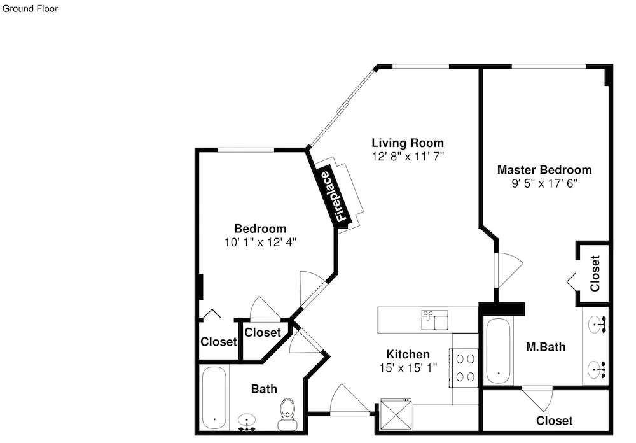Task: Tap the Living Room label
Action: tap(408, 143)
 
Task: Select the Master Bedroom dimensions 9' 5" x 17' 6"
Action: tap(544, 183)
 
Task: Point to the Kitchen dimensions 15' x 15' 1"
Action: tap(408, 368)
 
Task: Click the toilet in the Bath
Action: tap(287, 414)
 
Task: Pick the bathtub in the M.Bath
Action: tap(498, 351)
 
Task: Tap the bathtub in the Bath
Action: tap(214, 398)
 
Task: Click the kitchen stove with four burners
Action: tap(465, 368)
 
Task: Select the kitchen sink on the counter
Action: tap(435, 320)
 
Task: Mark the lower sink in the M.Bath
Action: tap(597, 370)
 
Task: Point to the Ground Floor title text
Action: tap(30, 8)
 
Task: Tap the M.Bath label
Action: tap(546, 347)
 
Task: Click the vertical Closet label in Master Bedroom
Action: tap(595, 273)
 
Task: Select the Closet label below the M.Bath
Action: tap(554, 421)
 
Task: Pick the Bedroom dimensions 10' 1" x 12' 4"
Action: tap(260, 243)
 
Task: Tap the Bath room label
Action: tap(264, 389)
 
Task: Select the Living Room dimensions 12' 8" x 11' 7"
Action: tap(408, 157)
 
